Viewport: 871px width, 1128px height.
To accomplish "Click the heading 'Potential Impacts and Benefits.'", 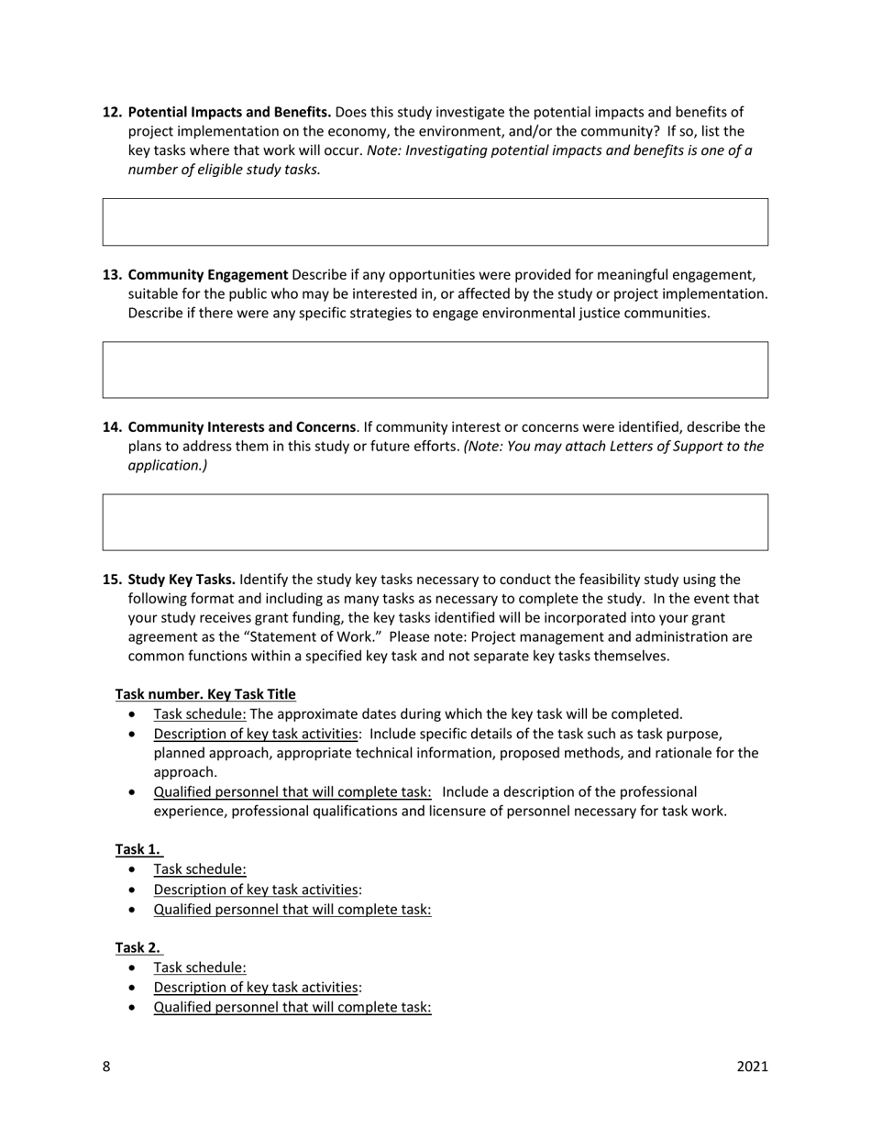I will click(229, 112).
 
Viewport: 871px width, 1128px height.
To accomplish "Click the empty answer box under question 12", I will click(435, 222).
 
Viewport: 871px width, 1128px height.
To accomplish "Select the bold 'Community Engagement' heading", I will click(208, 274).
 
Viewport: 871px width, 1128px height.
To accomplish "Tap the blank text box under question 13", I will click(435, 370).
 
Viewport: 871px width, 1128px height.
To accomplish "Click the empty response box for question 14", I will click(435, 522).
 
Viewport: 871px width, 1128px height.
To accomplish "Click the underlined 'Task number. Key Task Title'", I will click(205, 693).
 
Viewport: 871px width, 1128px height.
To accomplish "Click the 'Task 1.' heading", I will click(138, 848).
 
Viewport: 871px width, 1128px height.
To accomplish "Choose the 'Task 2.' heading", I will click(138, 946).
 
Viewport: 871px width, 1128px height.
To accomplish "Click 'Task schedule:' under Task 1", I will click(200, 868).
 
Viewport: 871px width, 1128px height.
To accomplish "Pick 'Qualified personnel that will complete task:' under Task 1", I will click(292, 909).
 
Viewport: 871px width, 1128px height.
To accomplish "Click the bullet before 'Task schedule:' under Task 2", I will click(136, 968).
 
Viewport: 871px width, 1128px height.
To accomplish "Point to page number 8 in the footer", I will click(106, 1066).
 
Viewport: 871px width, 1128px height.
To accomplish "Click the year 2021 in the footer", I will click(752, 1066).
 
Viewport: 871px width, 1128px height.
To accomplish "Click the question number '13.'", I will click(113, 274).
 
